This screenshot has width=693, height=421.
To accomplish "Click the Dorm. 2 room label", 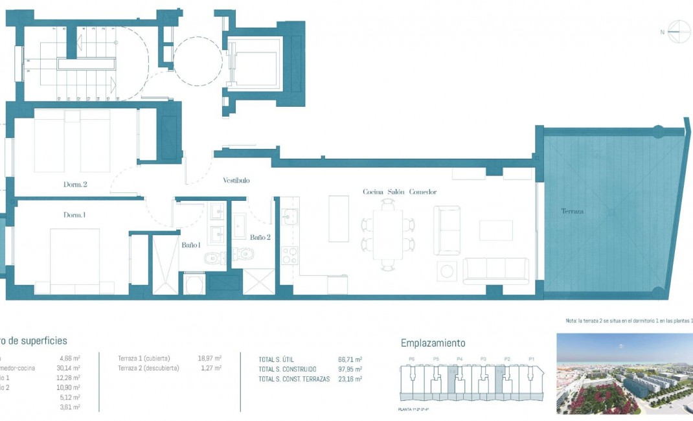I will [75, 184].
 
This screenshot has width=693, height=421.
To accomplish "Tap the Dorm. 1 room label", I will [74, 214].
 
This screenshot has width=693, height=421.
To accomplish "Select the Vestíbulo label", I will [236, 180].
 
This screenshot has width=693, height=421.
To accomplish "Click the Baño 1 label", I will [191, 245].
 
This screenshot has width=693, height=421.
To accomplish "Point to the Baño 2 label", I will [260, 237].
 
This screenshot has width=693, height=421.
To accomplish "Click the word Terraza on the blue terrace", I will [573, 211].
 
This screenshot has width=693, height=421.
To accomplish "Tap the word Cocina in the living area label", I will [374, 192].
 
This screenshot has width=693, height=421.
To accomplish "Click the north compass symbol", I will [679, 32].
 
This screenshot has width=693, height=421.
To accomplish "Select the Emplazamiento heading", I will [433, 343].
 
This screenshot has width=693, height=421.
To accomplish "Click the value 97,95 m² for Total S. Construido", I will [350, 369].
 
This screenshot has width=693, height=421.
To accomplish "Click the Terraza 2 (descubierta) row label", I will [148, 368].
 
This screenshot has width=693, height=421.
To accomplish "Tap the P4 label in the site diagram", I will [460, 358].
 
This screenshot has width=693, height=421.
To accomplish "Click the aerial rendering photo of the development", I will [624, 374].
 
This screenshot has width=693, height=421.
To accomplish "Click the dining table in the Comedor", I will [387, 234].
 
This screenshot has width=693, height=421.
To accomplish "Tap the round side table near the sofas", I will [446, 271].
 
